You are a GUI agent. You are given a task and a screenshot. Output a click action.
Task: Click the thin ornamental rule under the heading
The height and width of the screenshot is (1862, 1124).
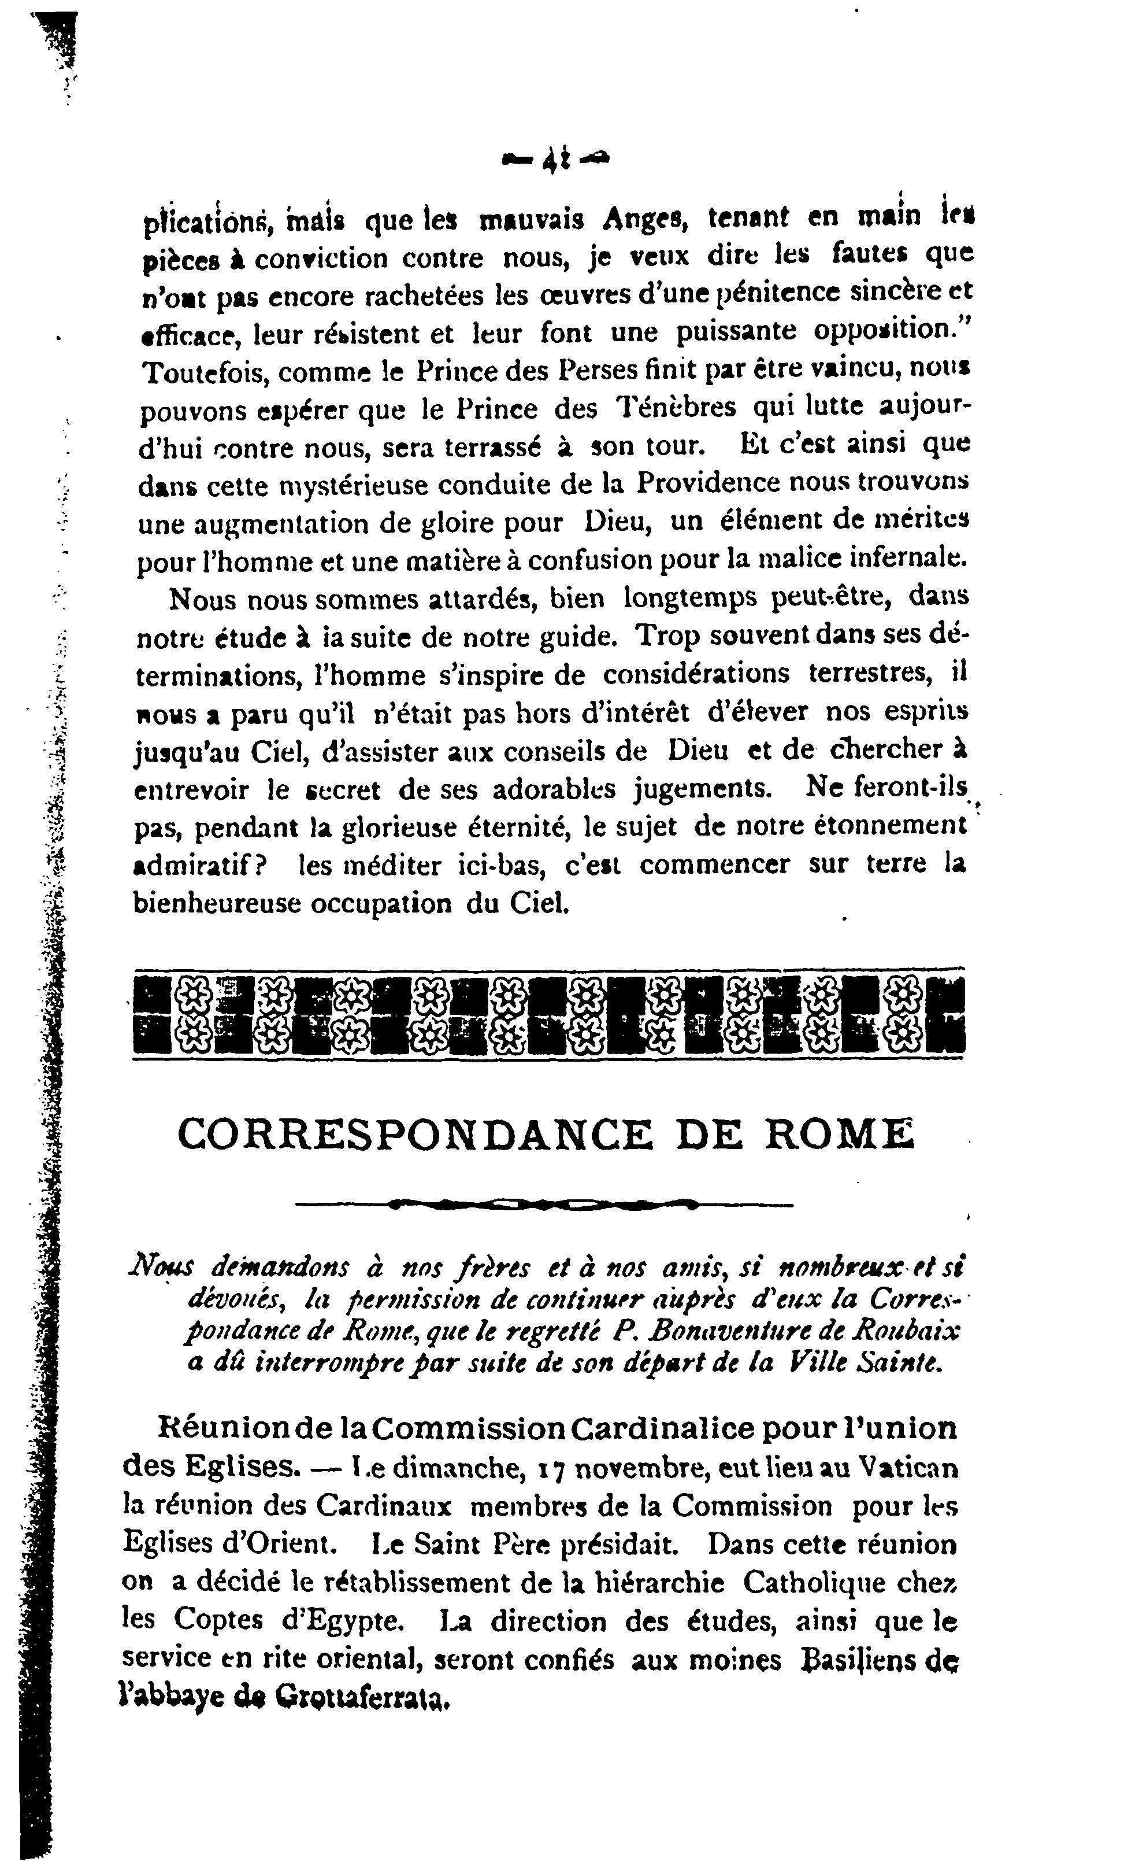[544, 1204]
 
